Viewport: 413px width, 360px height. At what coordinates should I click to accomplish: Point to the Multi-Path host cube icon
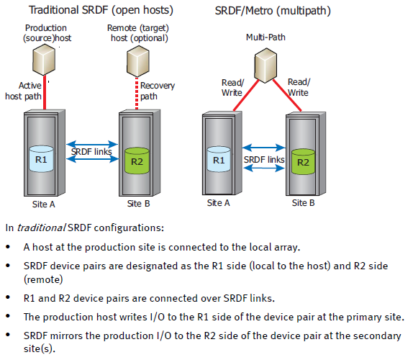click(260, 63)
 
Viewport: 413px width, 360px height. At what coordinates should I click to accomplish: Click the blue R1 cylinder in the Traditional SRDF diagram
click(42, 160)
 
